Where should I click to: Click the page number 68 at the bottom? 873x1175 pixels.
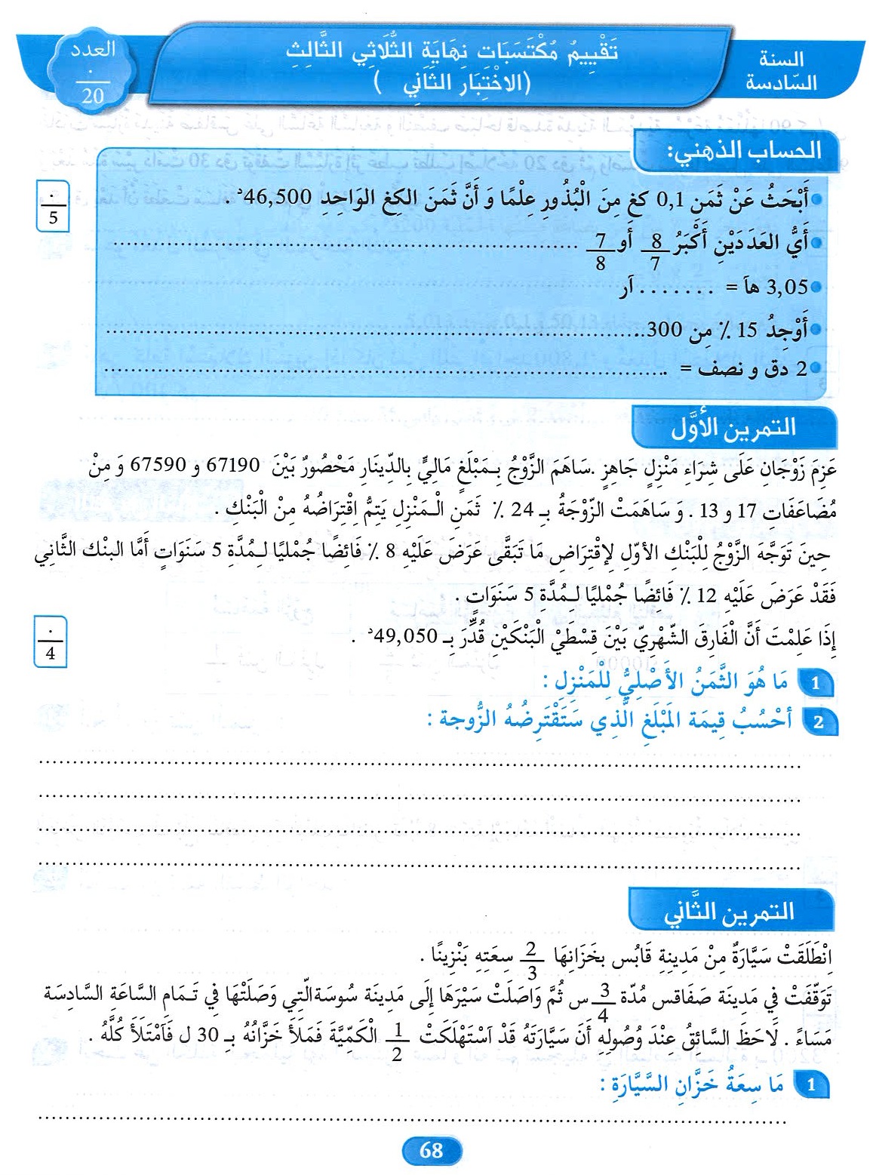(x=431, y=1150)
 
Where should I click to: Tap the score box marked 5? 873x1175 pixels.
(x=52, y=206)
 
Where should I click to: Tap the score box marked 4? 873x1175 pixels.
(x=50, y=641)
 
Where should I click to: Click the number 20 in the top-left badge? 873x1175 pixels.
(x=92, y=96)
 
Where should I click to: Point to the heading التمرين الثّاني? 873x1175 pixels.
(x=729, y=912)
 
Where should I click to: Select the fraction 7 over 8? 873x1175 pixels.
(x=601, y=251)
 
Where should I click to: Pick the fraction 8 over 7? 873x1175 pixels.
(x=656, y=251)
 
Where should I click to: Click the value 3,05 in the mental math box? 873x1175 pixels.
(x=786, y=287)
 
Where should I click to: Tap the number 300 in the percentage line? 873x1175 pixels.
(x=665, y=330)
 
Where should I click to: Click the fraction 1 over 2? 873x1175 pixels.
(x=398, y=1042)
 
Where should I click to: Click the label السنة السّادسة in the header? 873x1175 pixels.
(x=782, y=71)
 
